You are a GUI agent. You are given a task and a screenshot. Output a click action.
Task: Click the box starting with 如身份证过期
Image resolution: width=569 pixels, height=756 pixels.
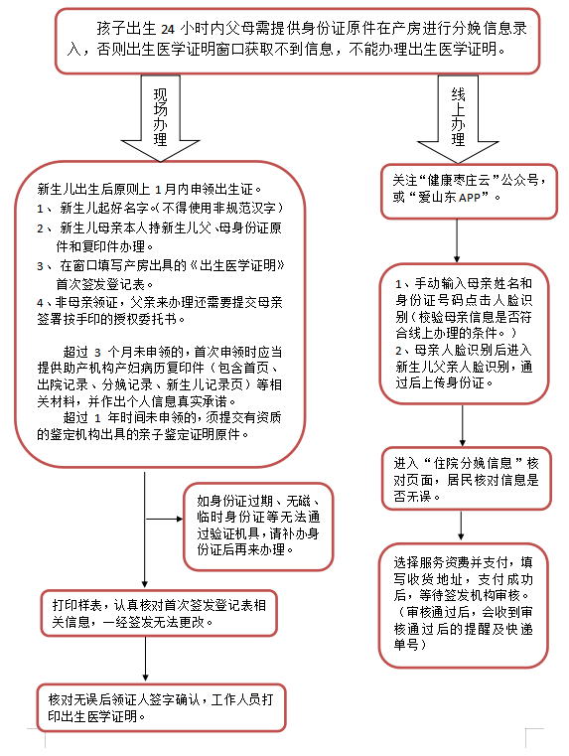pos(256,527)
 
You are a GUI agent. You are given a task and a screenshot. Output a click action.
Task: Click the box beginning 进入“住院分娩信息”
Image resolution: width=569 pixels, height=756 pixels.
pos(462,479)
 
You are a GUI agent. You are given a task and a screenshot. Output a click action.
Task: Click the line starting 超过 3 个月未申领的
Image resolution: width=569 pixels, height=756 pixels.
pos(159,352)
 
